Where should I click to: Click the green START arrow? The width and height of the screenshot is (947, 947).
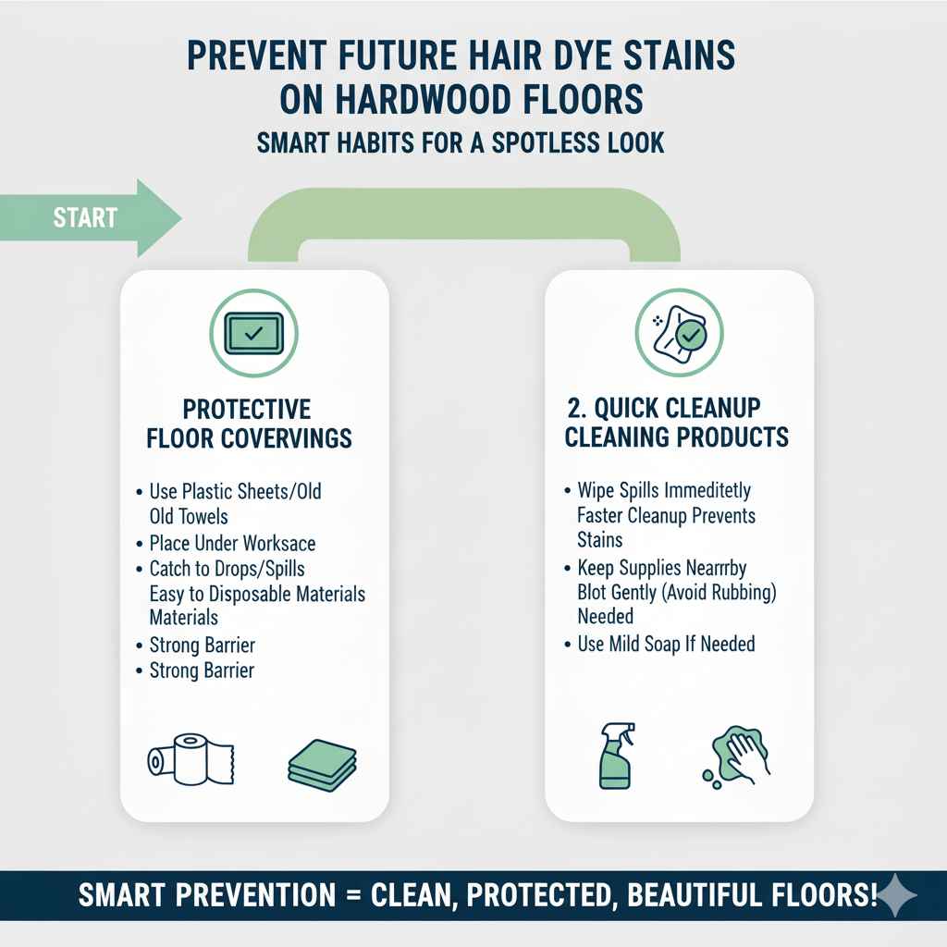[92, 218]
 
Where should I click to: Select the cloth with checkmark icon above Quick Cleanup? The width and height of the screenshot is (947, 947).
[679, 332]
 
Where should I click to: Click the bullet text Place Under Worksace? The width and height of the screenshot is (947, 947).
[234, 543]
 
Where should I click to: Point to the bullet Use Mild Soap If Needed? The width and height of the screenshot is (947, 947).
[666, 643]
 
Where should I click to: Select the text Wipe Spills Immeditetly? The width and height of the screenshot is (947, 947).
[664, 489]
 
